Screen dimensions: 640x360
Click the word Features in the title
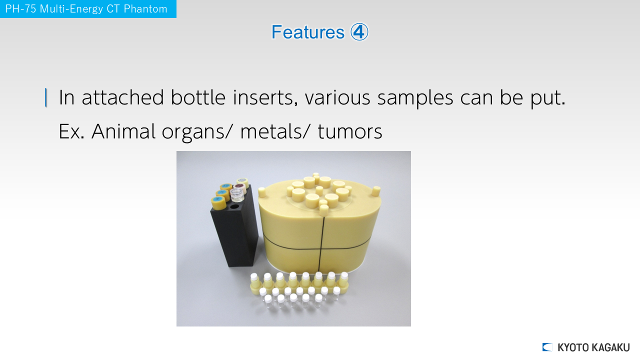coord(307,32)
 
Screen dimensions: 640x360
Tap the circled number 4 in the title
coord(359,31)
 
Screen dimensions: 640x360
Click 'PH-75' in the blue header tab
coord(21,9)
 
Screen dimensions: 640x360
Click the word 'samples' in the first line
coord(415,97)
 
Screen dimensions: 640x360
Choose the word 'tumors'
coord(349,131)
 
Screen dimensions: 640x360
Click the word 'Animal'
coord(123,131)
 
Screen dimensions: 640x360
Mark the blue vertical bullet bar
coord(46,97)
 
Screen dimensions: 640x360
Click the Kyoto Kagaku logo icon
coord(547,347)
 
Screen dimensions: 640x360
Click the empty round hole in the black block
coord(234,206)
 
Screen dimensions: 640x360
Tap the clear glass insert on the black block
coord(237,195)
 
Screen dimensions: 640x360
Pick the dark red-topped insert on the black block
coord(240,187)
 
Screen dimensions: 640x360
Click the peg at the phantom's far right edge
coord(376,191)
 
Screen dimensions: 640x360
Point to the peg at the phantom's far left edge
coord(261,192)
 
